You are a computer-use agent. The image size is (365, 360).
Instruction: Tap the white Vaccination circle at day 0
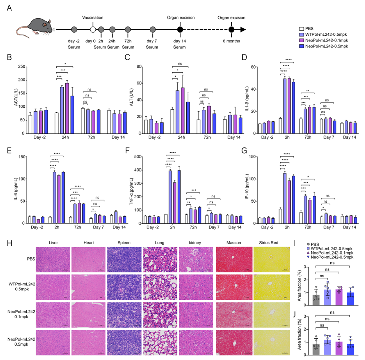[93, 29]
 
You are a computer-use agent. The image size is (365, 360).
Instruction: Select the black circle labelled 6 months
[231, 29]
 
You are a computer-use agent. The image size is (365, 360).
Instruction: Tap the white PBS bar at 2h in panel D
[281, 126]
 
